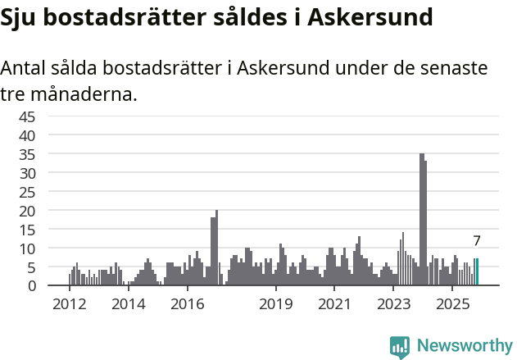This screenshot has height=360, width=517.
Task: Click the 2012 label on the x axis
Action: pos(69,305)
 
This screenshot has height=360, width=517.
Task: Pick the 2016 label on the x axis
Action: pos(187,305)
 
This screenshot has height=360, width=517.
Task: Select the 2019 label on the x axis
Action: pos(276,305)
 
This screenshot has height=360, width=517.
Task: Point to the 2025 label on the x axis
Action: pos(451,305)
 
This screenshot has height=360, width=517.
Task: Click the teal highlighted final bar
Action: pos(477,272)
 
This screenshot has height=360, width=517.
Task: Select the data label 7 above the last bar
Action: pos(477,241)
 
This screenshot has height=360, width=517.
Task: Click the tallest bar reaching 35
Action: pos(421,220)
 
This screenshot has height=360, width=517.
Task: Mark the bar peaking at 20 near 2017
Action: pos(216,248)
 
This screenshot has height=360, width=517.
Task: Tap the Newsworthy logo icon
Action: pos(400,346)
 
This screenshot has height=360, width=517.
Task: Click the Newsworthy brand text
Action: pos(464,346)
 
